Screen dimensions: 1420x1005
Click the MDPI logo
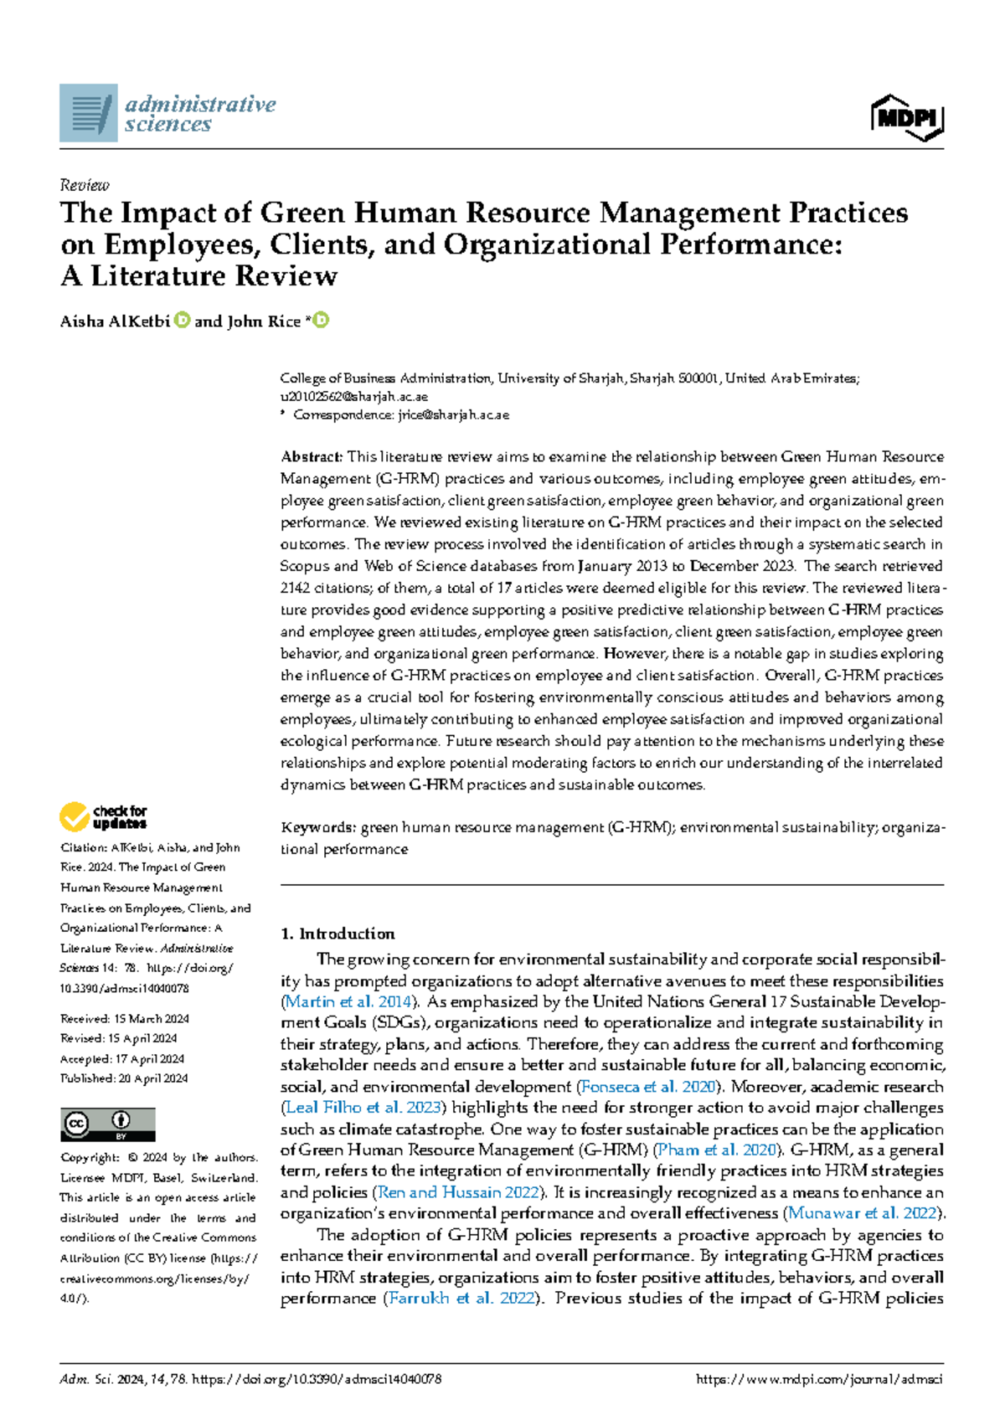[907, 118]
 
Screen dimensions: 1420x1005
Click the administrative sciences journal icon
[88, 113]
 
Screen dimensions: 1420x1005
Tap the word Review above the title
[85, 185]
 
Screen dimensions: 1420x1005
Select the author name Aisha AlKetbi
[115, 322]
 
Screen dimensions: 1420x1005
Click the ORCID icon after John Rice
[321, 321]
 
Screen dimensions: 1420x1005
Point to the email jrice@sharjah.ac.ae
[453, 414]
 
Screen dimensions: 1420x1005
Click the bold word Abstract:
[312, 457]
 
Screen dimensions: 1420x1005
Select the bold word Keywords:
[318, 828]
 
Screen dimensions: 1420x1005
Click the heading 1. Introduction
[338, 934]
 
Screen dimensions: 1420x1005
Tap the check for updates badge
[103, 816]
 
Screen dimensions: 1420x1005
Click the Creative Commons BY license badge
[107, 1124]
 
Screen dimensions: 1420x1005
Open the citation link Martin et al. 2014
[348, 1002]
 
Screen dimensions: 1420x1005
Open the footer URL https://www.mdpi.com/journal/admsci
[819, 1379]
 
